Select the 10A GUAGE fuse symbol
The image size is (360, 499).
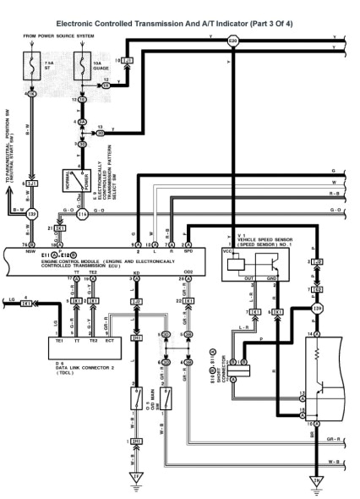84,65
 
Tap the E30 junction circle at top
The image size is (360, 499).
233,41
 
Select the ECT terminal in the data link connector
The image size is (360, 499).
110,340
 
